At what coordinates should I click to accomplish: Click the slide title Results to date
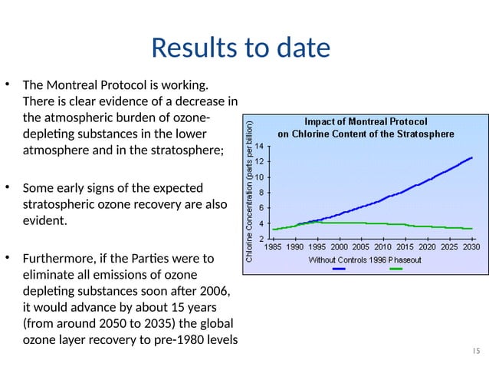[241, 48]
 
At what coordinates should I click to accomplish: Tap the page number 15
[475, 350]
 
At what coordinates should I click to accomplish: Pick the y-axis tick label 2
[262, 239]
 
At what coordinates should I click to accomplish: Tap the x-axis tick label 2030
[471, 248]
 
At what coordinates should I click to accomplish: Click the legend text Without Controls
[338, 259]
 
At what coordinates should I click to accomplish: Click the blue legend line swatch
[338, 268]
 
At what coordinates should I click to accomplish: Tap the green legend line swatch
[396, 268]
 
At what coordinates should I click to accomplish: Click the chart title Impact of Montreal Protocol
[366, 121]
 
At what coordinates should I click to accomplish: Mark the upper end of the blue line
[471, 157]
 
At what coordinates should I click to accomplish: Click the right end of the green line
[471, 229]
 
